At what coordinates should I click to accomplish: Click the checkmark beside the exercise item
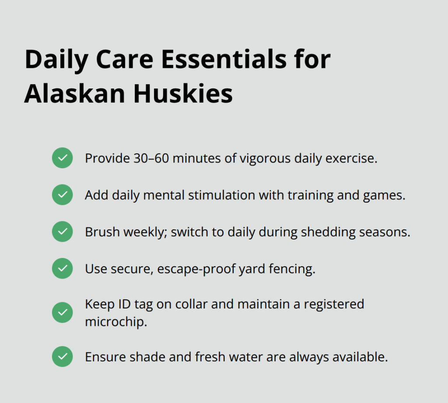63,158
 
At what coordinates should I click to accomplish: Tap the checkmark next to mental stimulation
63,194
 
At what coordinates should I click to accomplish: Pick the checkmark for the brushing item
63,232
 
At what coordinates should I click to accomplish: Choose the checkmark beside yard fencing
63,269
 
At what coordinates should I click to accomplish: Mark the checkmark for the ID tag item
63,312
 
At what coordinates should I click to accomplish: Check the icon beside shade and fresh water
63,357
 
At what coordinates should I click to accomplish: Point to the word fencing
294,269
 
